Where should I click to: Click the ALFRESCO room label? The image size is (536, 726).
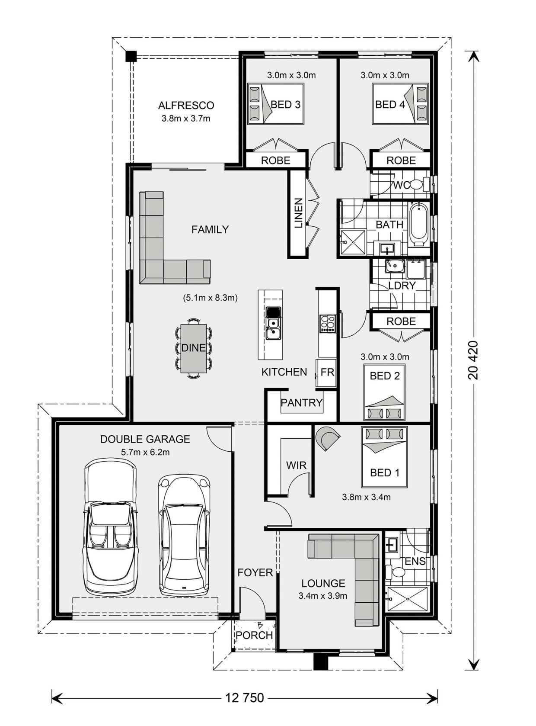186,106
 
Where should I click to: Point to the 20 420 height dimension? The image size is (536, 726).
473,360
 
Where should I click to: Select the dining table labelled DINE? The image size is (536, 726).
194,348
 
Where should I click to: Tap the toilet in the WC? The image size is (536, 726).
420,184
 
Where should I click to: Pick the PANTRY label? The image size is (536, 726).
302,403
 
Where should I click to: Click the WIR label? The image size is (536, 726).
296,465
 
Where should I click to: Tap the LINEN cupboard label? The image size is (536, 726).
299,213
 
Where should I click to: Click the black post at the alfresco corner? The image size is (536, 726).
131,57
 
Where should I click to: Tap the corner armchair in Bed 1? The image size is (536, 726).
328,438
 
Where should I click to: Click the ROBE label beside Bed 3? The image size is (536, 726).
275,161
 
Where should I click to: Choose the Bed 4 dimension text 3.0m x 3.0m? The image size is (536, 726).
385,75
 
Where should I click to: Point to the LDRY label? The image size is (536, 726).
402,286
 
